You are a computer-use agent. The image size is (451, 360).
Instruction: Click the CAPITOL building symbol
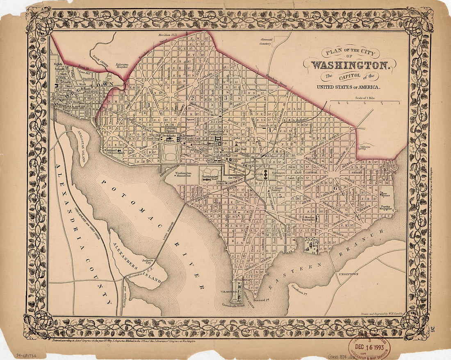tap(266, 175)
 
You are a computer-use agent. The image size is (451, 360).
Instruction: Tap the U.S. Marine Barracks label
tap(308, 218)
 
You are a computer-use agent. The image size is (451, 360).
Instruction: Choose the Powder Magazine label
tap(387, 208)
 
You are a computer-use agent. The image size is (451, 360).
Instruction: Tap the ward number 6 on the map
tap(335, 188)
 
